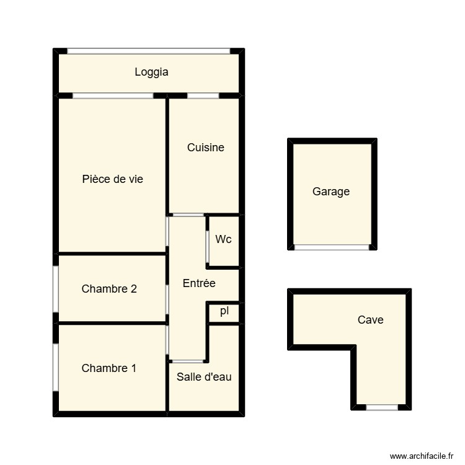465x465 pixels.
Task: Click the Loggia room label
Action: point(151,72)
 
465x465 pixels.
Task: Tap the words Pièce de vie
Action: point(112,179)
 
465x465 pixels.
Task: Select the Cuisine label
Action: point(205,148)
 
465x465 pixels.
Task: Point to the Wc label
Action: point(223,239)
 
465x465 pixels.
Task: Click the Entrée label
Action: point(199,283)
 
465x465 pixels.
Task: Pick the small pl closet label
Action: point(224,311)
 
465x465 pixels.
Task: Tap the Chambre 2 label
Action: point(109,288)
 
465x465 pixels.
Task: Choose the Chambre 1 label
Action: point(109,368)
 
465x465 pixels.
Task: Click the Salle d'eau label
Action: point(204,376)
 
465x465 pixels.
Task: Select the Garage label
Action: point(331,192)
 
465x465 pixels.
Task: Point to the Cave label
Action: point(371,320)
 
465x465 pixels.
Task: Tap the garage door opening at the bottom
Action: point(332,247)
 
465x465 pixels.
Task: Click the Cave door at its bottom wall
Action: point(381,407)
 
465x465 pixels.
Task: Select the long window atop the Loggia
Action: point(148,51)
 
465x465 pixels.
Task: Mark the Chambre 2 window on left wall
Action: point(55,289)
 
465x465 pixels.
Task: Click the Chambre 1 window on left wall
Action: point(55,367)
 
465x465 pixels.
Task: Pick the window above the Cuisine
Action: point(203,95)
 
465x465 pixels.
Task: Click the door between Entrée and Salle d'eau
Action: point(187,361)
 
